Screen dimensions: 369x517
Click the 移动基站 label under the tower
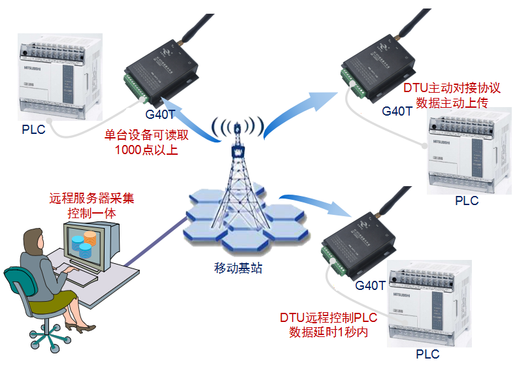coord(239,267)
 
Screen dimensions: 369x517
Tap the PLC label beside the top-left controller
coord(33,129)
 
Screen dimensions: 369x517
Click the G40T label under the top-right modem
coord(397,110)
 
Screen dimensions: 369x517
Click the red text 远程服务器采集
coord(92,199)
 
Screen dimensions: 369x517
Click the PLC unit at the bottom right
coord(427,304)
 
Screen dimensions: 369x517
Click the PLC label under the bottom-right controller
coord(427,355)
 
